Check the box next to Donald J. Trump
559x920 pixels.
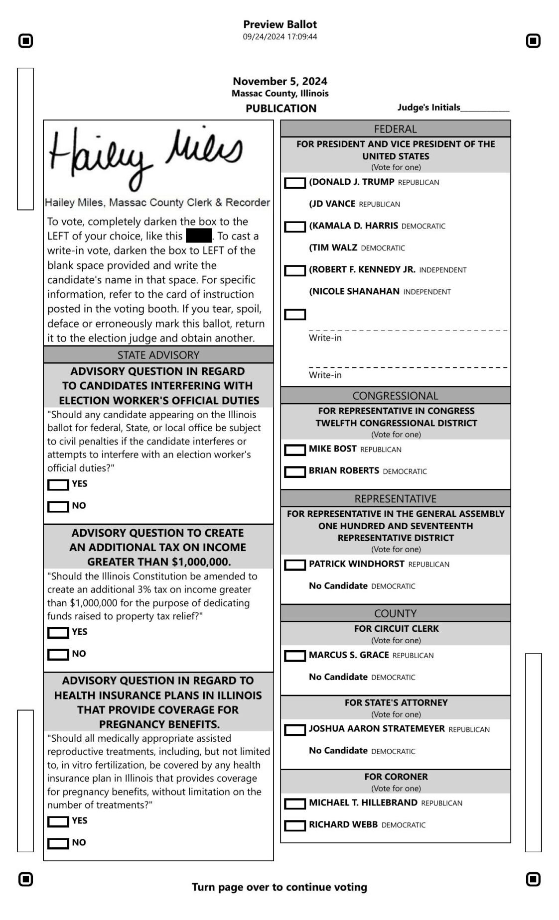click(x=294, y=183)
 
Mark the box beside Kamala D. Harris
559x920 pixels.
click(x=294, y=227)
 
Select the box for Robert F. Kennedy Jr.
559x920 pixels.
click(x=294, y=271)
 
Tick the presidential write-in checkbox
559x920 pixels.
click(x=294, y=315)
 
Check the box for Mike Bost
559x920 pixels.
click(x=294, y=450)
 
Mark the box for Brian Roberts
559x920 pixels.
click(x=294, y=472)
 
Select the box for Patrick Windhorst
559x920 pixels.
click(x=294, y=565)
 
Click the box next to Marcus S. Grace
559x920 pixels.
click(x=294, y=656)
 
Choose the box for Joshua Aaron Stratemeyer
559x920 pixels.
click(x=294, y=730)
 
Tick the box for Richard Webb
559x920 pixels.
click(x=294, y=826)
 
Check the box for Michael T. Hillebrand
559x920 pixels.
click(x=294, y=804)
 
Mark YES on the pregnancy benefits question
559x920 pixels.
click(x=58, y=822)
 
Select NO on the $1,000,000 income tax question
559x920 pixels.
click(x=58, y=655)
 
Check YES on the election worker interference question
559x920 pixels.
click(x=58, y=485)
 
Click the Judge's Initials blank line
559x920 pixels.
click(x=485, y=109)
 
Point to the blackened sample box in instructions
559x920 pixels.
click(x=198, y=235)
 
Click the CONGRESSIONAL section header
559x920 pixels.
click(x=395, y=396)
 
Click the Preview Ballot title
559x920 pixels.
click(x=279, y=24)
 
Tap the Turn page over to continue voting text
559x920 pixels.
click(x=279, y=887)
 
